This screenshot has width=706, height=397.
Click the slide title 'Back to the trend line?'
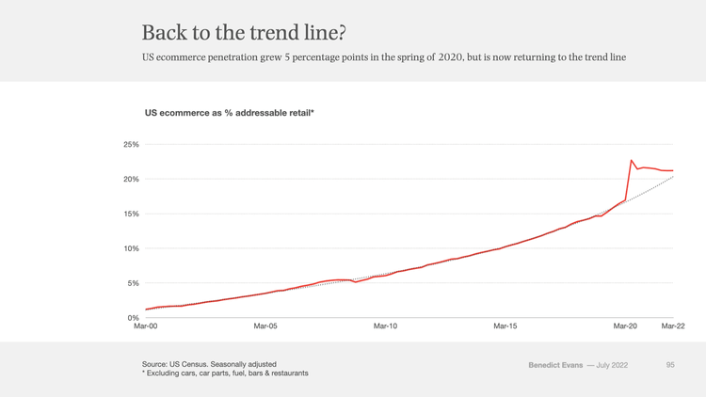(244, 32)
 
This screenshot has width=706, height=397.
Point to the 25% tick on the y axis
(131, 145)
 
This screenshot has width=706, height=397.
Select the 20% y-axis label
(131, 179)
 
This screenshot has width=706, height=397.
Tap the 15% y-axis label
(131, 214)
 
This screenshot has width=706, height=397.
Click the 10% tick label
(131, 248)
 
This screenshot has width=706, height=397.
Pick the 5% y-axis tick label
(133, 283)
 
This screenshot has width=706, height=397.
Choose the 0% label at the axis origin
(133, 318)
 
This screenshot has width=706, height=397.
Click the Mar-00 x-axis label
(146, 326)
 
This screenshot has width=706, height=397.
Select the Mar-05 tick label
(265, 326)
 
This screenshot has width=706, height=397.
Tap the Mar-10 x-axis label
(385, 326)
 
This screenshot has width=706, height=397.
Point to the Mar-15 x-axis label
(505, 326)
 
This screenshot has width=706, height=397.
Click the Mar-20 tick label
(625, 326)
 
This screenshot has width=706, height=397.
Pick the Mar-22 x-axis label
(673, 326)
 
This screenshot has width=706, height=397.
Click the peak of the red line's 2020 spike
(632, 160)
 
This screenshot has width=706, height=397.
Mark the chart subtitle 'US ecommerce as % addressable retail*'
(229, 113)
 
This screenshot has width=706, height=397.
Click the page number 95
(670, 364)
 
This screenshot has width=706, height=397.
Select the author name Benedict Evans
(554, 364)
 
